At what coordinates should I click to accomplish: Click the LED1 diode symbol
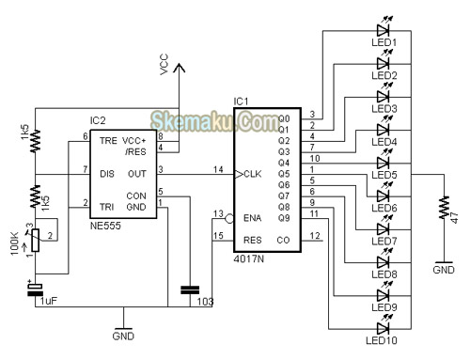[x=384, y=29]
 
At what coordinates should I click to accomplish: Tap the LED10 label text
[x=386, y=340]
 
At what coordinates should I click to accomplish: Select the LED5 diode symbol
[x=384, y=162]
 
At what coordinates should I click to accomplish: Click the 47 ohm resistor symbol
[x=442, y=208]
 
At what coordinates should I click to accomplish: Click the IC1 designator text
[x=242, y=101]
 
